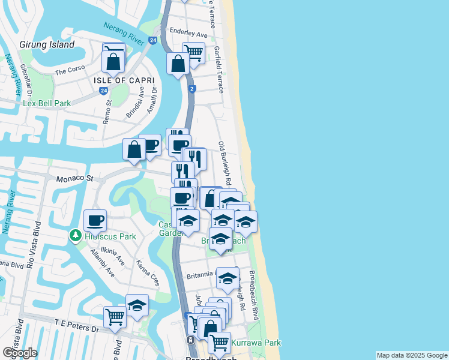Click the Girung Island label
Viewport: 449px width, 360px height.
coord(47,44)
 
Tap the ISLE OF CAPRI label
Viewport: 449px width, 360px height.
coord(124,80)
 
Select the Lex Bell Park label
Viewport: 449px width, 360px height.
coord(47,103)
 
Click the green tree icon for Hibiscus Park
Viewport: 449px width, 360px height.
coord(75,236)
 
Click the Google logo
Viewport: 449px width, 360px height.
coord(20,353)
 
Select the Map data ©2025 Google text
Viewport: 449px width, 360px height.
coord(411,355)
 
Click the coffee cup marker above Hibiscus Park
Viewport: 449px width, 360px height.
coord(95,221)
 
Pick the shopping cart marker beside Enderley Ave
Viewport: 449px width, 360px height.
coord(194,53)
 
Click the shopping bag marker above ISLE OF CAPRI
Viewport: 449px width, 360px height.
coord(113,61)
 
